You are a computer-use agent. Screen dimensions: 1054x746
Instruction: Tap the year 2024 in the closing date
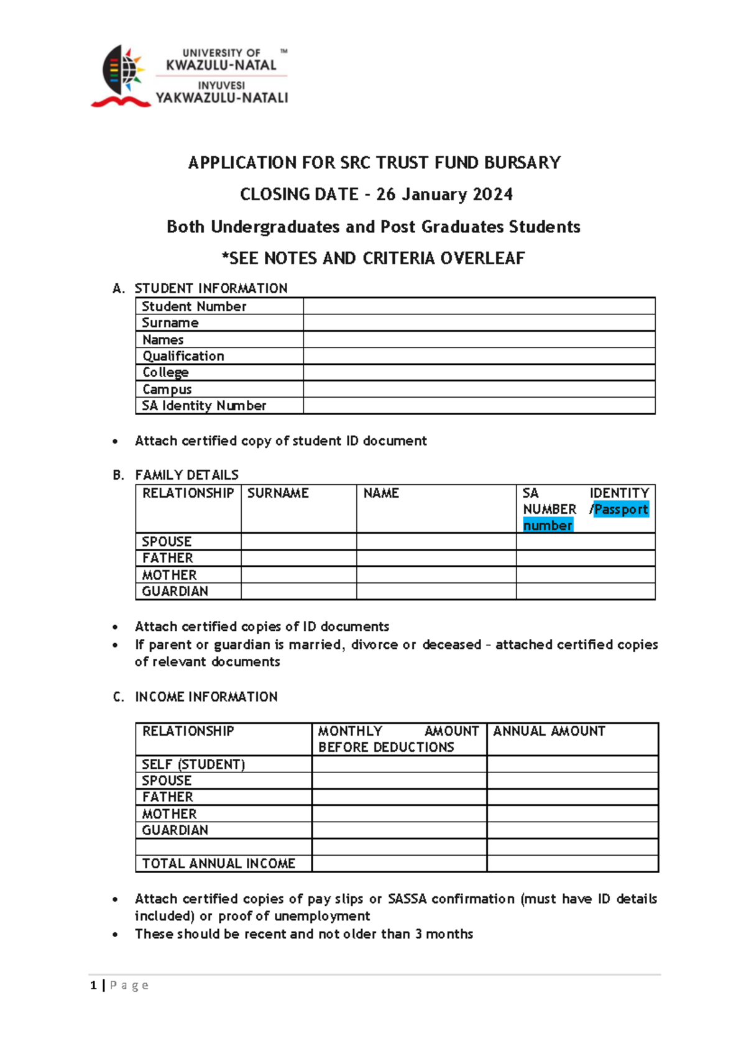tap(492, 195)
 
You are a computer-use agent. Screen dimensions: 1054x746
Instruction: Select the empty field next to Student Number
tap(479, 306)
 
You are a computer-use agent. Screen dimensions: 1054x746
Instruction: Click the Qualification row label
tap(183, 356)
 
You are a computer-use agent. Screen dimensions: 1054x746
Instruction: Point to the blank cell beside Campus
tap(479, 389)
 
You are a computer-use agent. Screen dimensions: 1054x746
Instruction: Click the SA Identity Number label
tap(204, 406)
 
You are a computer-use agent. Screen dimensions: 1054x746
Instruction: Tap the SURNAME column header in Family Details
tap(278, 493)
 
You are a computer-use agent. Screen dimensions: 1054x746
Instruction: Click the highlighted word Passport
tap(620, 510)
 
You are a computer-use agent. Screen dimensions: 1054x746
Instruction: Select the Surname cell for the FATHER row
tap(298, 558)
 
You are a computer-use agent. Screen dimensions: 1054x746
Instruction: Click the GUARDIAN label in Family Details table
tap(175, 592)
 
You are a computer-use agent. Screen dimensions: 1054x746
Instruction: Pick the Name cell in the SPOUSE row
tap(436, 541)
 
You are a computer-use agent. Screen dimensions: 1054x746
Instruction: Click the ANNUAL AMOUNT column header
tap(549, 731)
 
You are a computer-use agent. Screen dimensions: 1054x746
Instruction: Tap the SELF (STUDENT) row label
tap(193, 764)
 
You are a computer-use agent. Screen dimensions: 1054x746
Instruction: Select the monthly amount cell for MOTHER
tap(398, 814)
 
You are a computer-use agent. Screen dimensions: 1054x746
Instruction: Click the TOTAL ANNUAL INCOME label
tap(218, 864)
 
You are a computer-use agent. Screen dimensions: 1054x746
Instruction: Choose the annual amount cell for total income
tap(572, 864)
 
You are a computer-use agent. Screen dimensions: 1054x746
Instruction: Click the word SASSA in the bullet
tap(407, 899)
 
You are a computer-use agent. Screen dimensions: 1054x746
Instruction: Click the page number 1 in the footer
tap(93, 986)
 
